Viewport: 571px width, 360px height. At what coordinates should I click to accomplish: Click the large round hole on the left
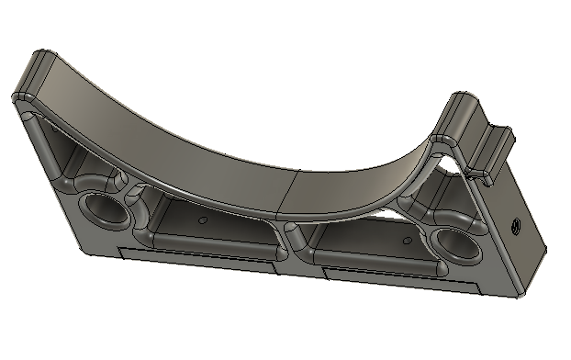pos(107,210)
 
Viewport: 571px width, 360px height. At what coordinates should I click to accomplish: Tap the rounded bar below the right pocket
pos(381,265)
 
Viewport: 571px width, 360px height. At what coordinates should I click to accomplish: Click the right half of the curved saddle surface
pos(367,174)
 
